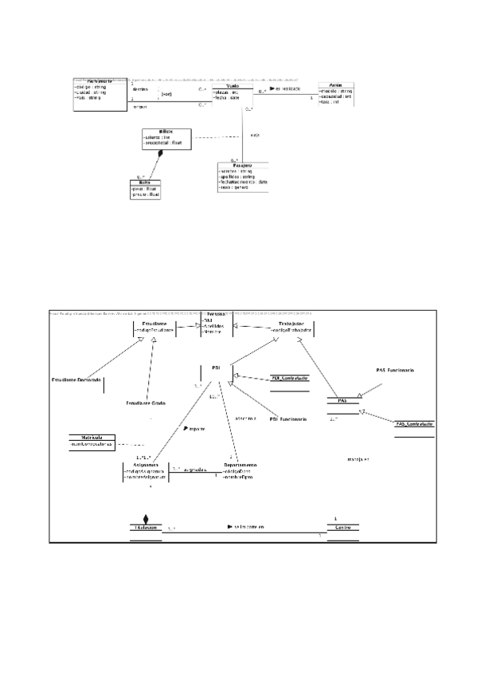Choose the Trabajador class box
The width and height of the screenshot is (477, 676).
pyautogui.click(x=293, y=326)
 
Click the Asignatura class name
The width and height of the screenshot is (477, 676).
pyautogui.click(x=142, y=464)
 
